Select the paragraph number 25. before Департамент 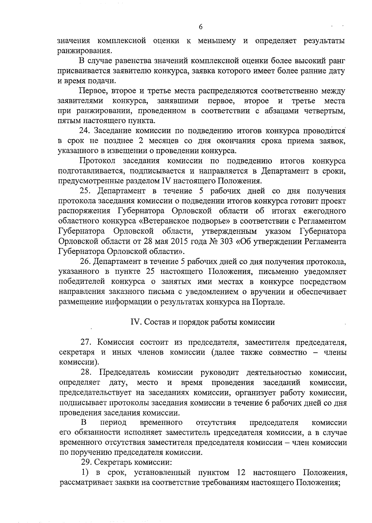click(x=85, y=191)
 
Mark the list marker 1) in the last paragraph click(x=85, y=473)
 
